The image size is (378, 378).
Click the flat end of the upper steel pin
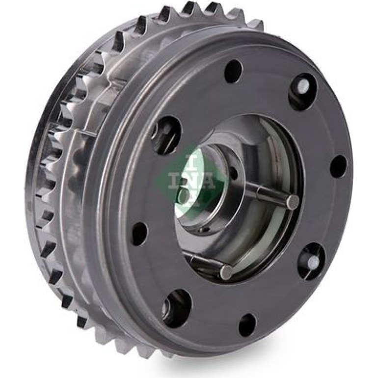pos(293,201)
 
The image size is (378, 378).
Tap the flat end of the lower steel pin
pos(226,272)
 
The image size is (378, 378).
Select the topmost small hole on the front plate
pos(233,68)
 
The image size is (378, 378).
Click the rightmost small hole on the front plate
pos(339,166)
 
